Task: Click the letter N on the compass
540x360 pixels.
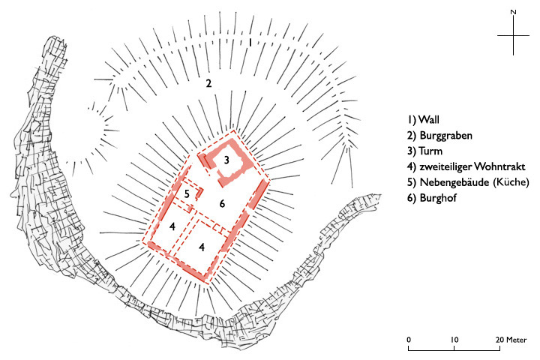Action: point(513,12)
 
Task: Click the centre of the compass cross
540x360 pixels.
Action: point(513,36)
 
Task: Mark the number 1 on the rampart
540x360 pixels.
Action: point(250,43)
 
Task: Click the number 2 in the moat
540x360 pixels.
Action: point(209,83)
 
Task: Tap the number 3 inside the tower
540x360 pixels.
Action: point(227,159)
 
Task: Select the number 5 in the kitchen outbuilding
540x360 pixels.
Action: point(187,194)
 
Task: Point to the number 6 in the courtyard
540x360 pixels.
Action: point(222,204)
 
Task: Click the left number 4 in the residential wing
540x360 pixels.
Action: point(172,226)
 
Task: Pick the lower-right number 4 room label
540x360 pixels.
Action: point(202,246)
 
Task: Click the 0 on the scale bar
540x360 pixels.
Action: point(409,340)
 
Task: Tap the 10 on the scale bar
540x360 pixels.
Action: point(454,340)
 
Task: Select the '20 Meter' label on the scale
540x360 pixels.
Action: point(511,340)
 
